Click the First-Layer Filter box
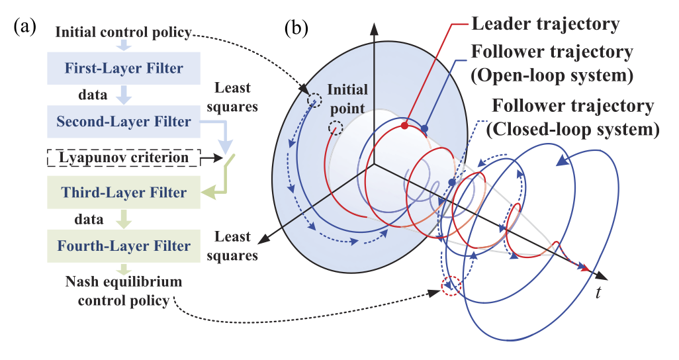[x=123, y=68]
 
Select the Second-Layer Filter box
[x=123, y=121]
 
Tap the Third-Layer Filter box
[x=123, y=192]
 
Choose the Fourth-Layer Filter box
[x=123, y=246]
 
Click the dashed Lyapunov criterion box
[x=123, y=157]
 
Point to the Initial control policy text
[x=123, y=32]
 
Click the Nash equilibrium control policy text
[x=123, y=291]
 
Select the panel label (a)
[x=24, y=27]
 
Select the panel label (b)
[x=296, y=28]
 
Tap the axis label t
[x=598, y=293]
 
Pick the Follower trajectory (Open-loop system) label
[x=552, y=64]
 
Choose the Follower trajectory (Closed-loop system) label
[x=573, y=117]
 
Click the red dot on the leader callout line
[x=404, y=126]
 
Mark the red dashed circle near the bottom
[x=451, y=287]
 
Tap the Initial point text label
[x=347, y=99]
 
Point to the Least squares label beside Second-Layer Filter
[x=232, y=97]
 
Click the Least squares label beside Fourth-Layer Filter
[x=232, y=246]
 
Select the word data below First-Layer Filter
[x=93, y=95]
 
